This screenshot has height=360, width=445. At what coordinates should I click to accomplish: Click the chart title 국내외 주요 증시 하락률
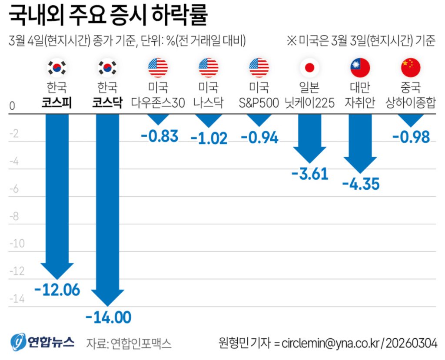(x=108, y=16)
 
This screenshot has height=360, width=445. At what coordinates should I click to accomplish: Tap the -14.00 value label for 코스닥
(x=108, y=317)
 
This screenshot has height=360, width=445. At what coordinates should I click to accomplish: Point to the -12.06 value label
(x=57, y=290)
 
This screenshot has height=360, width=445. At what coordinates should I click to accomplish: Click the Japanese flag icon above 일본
(x=309, y=67)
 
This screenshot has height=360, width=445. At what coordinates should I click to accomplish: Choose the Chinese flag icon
(x=411, y=67)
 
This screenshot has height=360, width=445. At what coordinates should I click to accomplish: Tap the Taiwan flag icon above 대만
(x=360, y=67)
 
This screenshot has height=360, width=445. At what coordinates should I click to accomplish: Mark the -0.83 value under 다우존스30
(x=159, y=136)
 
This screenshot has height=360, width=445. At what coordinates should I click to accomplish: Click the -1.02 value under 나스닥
(x=209, y=138)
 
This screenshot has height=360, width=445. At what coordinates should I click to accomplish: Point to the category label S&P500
(x=259, y=102)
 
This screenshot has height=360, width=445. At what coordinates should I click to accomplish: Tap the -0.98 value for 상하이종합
(x=411, y=137)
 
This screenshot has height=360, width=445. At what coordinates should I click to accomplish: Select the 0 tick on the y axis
(x=12, y=106)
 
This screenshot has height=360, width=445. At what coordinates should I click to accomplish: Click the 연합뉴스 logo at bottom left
(x=43, y=342)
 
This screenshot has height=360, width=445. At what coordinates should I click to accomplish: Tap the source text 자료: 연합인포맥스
(x=129, y=343)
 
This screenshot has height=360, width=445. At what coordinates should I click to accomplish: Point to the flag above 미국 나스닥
(x=209, y=67)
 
